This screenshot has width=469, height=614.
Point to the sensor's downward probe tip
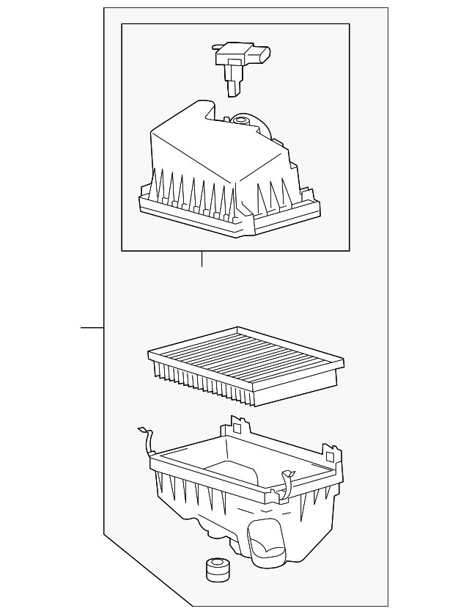[x=233, y=89]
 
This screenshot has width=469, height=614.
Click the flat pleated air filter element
[x=245, y=364]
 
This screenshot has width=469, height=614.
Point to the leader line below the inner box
[x=202, y=258]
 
